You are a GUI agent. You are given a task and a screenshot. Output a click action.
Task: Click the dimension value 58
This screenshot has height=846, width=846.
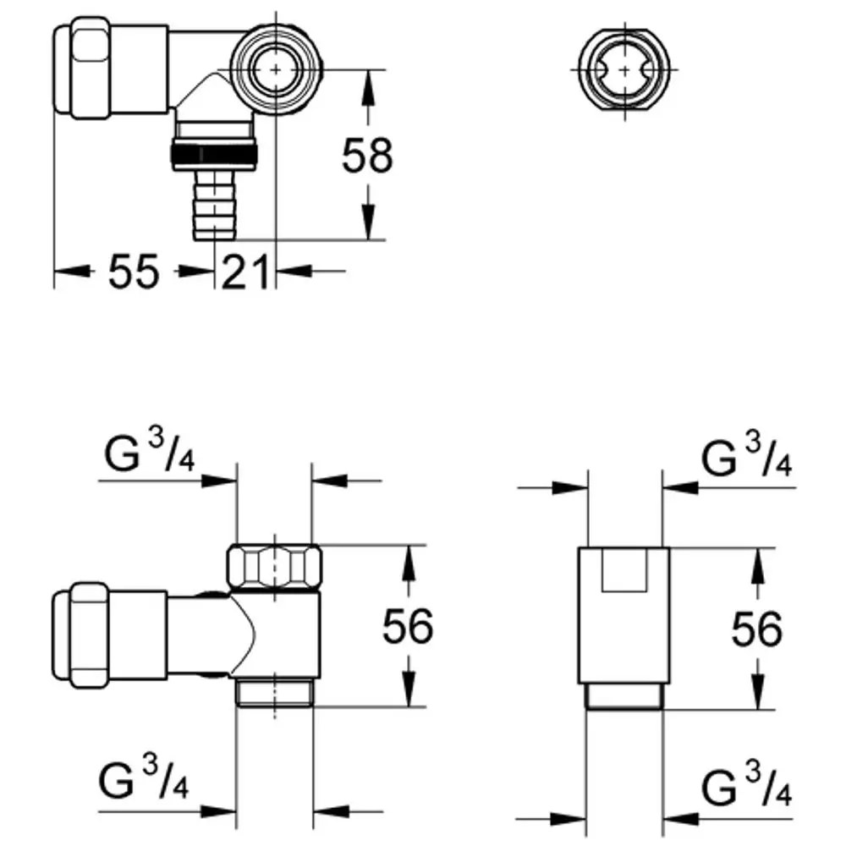(367, 156)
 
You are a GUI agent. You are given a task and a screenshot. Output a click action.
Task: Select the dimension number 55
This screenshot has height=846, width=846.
(134, 272)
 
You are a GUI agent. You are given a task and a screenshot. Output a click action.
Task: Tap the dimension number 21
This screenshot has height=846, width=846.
(245, 272)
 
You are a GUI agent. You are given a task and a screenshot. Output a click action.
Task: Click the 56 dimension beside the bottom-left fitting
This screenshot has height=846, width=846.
(408, 626)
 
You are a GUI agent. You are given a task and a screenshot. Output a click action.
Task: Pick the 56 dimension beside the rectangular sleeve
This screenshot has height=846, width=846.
(756, 629)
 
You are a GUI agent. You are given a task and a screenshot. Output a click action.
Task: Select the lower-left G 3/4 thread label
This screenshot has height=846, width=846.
(144, 777)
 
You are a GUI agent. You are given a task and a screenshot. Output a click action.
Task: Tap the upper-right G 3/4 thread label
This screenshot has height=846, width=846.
(746, 456)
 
